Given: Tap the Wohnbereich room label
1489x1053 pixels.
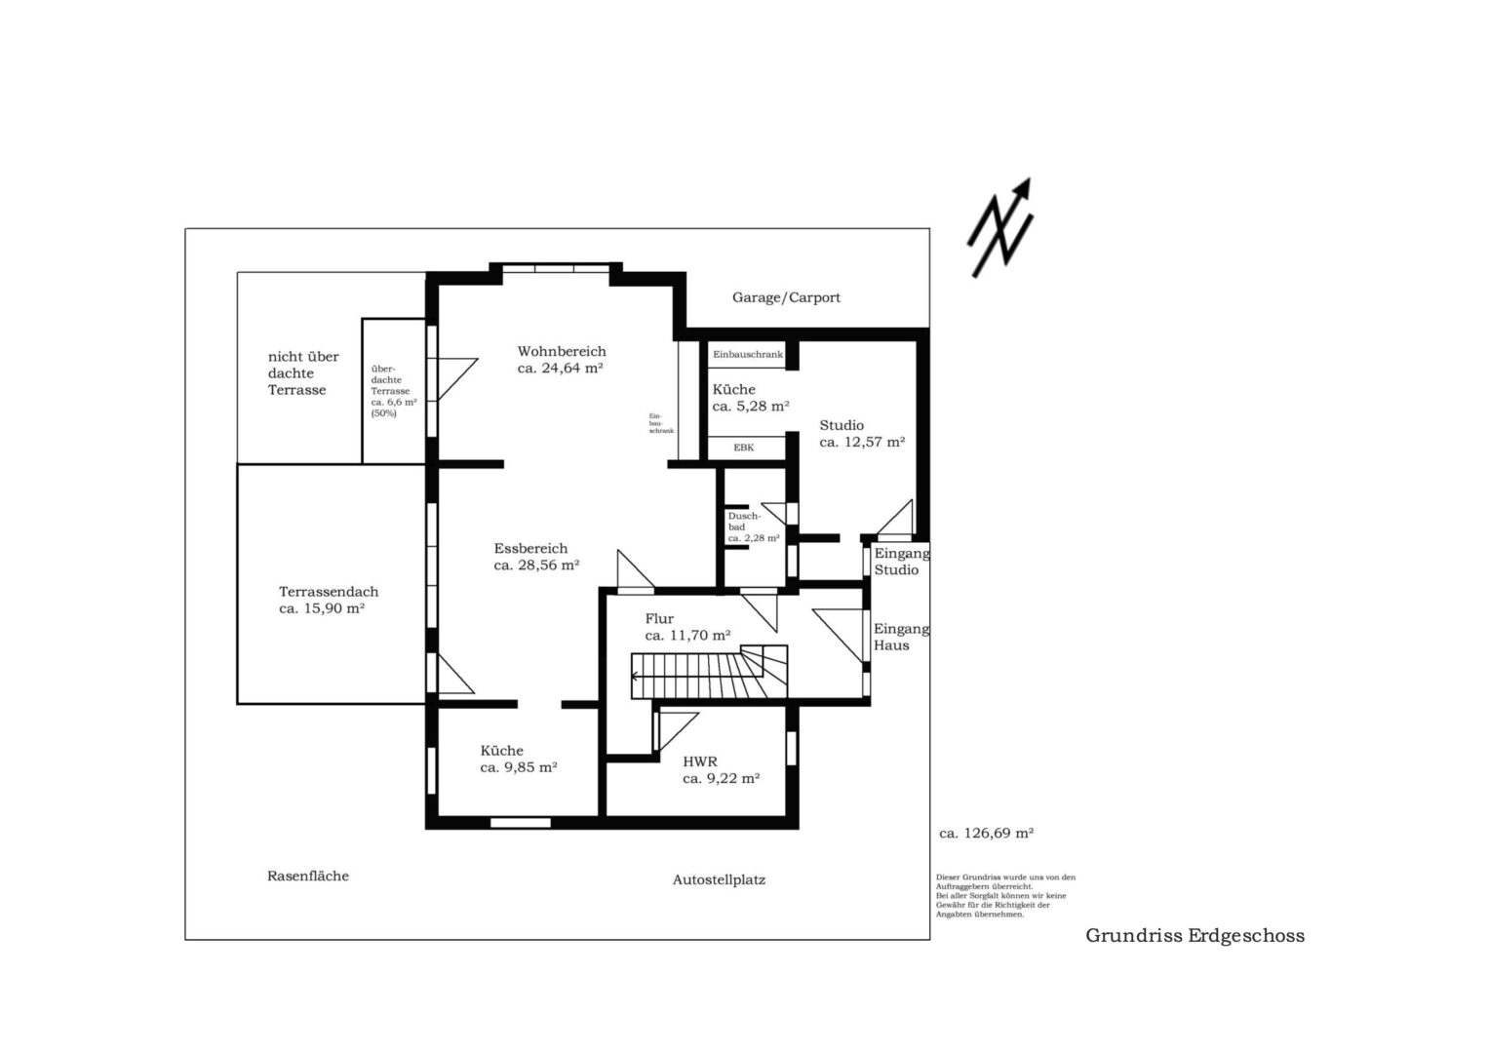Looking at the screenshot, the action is tap(562, 351).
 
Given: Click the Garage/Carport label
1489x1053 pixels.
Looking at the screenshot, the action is tap(786, 297).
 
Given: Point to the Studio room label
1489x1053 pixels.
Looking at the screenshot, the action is tap(842, 425).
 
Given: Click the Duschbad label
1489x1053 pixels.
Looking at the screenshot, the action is tap(745, 522).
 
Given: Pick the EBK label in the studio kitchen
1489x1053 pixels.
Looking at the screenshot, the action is tap(744, 448).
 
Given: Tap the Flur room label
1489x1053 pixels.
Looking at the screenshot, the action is tap(659, 619).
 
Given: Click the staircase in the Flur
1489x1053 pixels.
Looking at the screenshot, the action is tap(709, 672).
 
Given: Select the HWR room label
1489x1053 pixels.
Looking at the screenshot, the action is tap(700, 761).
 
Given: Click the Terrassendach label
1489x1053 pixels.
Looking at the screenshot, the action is tap(329, 592).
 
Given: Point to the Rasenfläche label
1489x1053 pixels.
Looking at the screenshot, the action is tap(308, 877).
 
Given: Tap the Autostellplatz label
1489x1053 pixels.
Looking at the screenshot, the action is tap(719, 880).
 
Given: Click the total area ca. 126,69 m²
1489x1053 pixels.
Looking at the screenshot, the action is tap(987, 833).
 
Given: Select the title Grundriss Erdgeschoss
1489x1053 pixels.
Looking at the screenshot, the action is tap(1195, 936).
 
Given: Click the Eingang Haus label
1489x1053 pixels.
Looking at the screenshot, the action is tap(901, 637).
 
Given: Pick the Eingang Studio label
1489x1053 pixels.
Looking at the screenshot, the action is tap(901, 561).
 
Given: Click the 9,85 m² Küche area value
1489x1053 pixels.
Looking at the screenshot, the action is tap(519, 767).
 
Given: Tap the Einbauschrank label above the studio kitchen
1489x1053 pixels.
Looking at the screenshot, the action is tap(748, 354).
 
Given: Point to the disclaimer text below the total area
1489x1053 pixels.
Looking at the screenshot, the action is tap(1005, 895).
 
